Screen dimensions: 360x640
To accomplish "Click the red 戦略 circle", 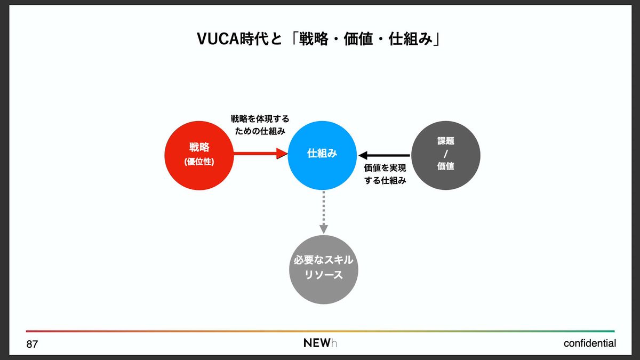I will click(199, 155).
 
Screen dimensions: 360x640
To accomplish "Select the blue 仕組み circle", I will click(322, 155).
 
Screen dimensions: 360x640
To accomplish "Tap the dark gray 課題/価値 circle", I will click(446, 155).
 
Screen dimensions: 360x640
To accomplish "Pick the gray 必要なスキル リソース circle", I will click(323, 269).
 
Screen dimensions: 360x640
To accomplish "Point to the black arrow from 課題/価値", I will click(385, 155).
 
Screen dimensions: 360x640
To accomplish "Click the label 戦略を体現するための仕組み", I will click(260, 125).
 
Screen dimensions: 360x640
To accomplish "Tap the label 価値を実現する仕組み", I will click(385, 174).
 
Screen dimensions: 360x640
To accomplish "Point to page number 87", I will click(33, 345).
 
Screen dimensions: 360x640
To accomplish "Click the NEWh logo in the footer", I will click(320, 343).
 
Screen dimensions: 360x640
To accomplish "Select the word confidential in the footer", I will click(589, 343).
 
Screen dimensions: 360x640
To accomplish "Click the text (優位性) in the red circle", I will click(199, 161).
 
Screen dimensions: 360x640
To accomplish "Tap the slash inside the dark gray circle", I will click(446, 155).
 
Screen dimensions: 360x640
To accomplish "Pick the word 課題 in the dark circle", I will click(446, 142).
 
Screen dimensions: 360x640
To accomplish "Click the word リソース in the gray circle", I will click(323, 276).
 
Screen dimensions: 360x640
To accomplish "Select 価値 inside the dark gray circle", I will click(446, 166).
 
